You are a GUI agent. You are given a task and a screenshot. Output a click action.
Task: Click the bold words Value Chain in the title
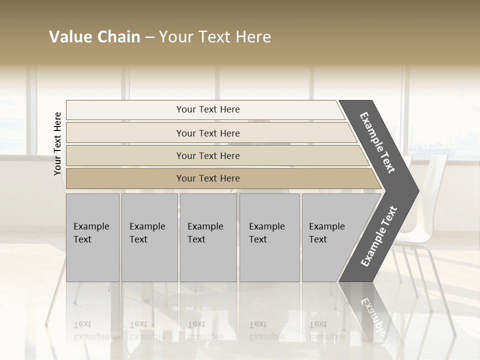click(x=94, y=37)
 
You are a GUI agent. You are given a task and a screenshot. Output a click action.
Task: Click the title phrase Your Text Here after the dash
click(x=215, y=37)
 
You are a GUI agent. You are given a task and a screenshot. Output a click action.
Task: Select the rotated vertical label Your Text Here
click(x=57, y=143)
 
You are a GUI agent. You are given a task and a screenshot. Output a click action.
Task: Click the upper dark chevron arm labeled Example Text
click(x=377, y=142)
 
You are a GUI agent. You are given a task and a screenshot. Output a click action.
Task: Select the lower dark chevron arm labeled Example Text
click(x=378, y=236)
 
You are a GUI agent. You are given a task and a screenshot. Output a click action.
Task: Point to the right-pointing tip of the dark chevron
click(x=415, y=191)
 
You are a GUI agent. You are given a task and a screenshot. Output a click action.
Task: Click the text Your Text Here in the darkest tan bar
click(x=208, y=178)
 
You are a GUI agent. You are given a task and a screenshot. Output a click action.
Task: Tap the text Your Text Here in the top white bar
click(x=208, y=109)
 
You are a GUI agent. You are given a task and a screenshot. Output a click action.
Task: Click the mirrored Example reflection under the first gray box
click(x=91, y=336)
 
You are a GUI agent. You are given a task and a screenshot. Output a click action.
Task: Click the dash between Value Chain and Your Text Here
click(x=149, y=37)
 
